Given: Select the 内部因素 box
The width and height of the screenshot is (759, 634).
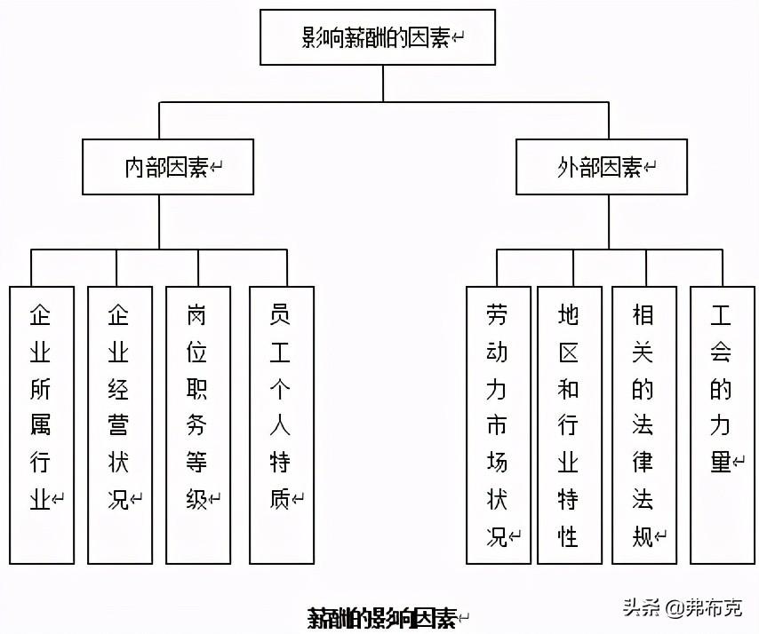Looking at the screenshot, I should click(168, 166).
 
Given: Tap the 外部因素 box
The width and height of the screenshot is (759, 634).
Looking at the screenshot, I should click(602, 166).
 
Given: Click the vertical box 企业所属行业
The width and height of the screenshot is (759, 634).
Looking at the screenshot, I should click(41, 424).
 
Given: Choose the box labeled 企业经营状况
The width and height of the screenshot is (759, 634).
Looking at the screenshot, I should click(120, 424).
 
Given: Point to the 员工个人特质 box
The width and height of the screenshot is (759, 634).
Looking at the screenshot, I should click(282, 424).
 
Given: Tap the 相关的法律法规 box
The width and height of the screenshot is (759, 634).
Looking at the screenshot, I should click(644, 424).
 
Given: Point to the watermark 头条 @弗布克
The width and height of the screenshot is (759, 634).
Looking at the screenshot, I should click(681, 608).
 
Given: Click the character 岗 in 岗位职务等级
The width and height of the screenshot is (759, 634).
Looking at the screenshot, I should click(197, 314).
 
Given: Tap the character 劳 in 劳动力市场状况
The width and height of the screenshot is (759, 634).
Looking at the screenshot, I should click(497, 314).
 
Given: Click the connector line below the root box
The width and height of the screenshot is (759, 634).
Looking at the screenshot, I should click(383, 83).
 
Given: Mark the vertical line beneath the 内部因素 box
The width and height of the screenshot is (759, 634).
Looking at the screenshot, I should click(160, 222).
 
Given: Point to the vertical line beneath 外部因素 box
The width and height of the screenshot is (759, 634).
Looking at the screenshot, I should click(609, 222).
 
